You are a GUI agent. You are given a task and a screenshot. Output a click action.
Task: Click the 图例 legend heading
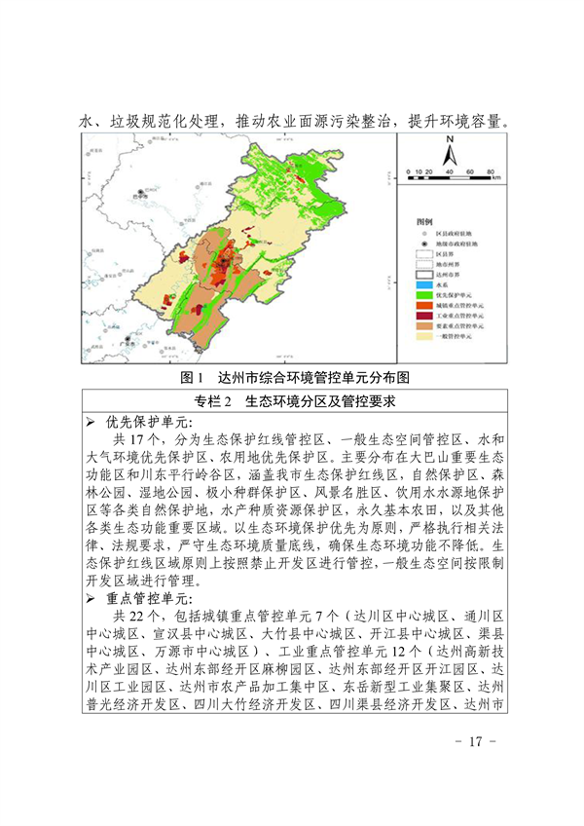[x=425, y=222]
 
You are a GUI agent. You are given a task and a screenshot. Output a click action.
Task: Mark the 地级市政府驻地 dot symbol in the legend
[x=425, y=244]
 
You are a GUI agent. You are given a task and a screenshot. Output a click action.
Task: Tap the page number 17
[x=475, y=769]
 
